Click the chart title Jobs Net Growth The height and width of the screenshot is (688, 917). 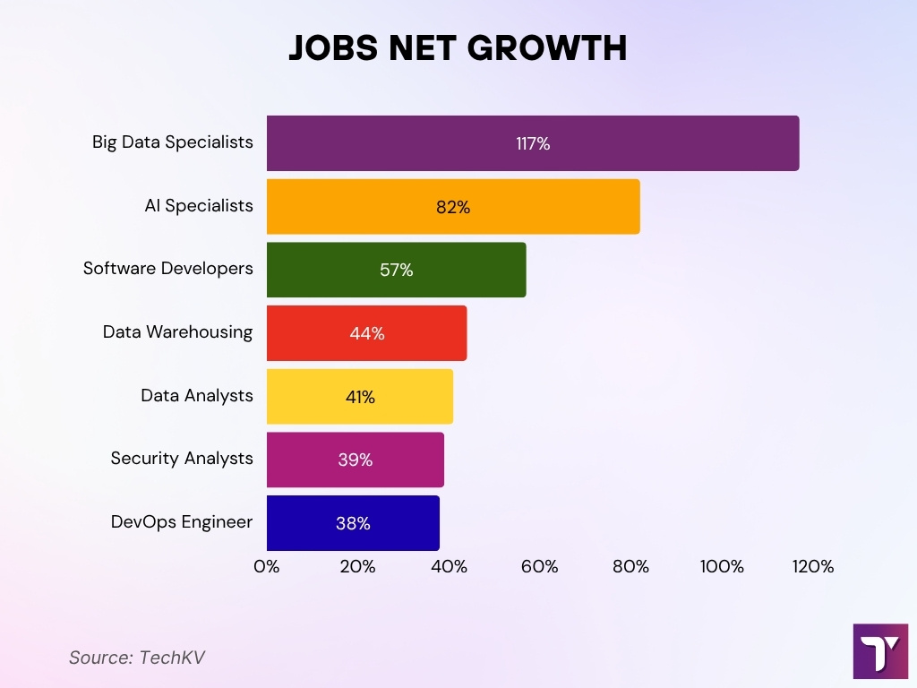click(x=458, y=49)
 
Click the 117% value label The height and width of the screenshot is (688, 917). click(x=533, y=143)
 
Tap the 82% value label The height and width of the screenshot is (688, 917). click(x=453, y=207)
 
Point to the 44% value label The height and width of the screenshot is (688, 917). click(x=367, y=333)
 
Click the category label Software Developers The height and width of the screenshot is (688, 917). click(x=168, y=269)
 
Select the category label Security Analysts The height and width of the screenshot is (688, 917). click(x=182, y=459)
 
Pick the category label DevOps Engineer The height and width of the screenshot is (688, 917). click(x=182, y=522)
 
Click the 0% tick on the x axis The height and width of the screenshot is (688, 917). click(x=267, y=567)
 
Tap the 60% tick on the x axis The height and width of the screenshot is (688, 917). click(x=540, y=567)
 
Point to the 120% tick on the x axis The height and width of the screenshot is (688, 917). click(x=813, y=567)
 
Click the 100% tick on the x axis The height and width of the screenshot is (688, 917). click(x=722, y=567)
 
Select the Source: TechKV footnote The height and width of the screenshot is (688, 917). click(x=137, y=658)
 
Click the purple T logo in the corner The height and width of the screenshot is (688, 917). click(x=880, y=651)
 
